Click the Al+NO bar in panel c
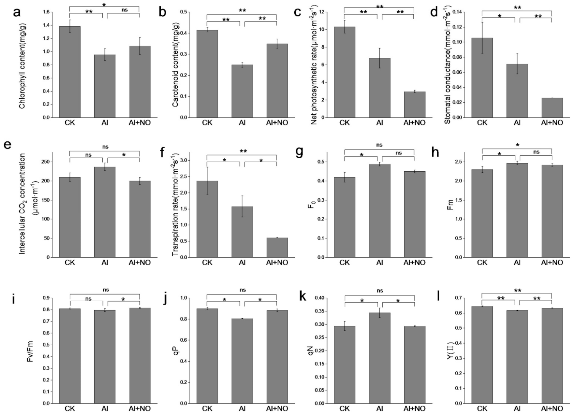(414, 105)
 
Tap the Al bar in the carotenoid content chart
(242, 91)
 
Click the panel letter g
(300, 152)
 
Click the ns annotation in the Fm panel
(536, 152)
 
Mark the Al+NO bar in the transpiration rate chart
(277, 248)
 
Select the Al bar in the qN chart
(379, 358)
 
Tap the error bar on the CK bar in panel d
(482, 37)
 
